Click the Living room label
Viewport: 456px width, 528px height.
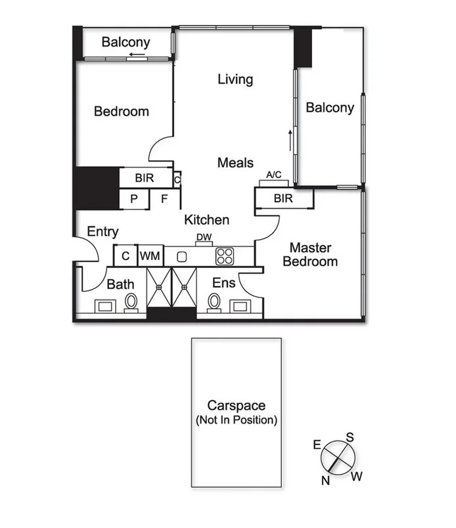[x=235, y=79]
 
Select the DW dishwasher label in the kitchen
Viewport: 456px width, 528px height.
[x=204, y=237]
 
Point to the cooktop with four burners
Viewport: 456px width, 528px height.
[x=225, y=256]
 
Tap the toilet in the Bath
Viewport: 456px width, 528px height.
[x=131, y=303]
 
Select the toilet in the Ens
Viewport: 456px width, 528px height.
[x=214, y=303]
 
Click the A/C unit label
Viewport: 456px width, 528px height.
[x=273, y=175]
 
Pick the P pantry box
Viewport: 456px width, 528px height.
[x=133, y=198]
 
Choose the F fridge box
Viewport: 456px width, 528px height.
[x=164, y=198]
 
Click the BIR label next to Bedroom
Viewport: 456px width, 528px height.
[x=144, y=177]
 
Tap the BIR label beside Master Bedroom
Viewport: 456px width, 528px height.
[x=283, y=198]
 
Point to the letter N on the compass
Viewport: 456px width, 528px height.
[x=325, y=480]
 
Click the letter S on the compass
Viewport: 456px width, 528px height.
[x=350, y=437]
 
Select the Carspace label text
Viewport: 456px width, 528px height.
[x=236, y=405]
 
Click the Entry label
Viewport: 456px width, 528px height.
[x=103, y=231]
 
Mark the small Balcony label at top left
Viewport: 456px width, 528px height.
[x=125, y=43]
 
